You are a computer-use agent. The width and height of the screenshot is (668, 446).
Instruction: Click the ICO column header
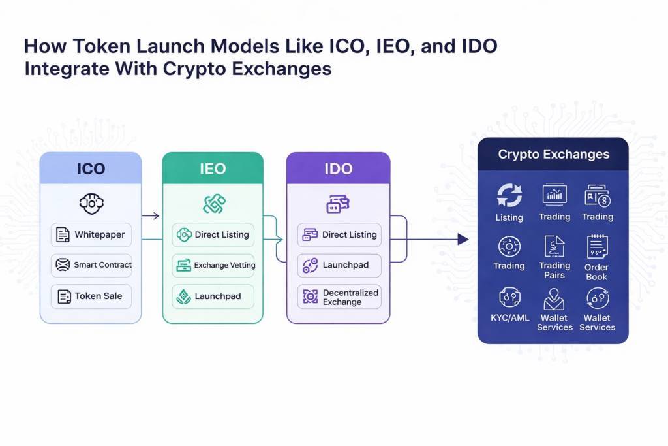[91, 168]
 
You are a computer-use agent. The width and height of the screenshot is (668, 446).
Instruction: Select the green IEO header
[213, 168]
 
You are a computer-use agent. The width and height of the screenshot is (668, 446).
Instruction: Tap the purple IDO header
[338, 168]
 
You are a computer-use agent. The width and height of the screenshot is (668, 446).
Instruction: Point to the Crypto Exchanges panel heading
[553, 155]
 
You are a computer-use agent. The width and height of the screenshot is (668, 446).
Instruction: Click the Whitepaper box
[91, 234]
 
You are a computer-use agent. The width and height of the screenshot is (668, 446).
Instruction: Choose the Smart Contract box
[91, 265]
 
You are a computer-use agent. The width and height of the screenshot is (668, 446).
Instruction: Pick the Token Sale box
[91, 296]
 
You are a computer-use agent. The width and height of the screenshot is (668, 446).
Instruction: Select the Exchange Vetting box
[213, 265]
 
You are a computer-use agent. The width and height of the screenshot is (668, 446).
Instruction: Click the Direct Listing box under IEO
[213, 234]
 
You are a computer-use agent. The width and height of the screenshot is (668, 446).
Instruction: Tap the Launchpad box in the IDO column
[339, 265]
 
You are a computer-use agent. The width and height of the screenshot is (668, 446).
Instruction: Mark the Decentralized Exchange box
[339, 297]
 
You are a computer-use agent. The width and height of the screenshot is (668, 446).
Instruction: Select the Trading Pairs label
[554, 270]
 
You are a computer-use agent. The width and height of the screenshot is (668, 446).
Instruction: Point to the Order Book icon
[597, 246]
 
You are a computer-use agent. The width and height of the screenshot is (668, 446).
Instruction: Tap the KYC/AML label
[509, 318]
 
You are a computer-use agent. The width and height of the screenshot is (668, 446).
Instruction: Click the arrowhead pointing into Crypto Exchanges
[463, 240]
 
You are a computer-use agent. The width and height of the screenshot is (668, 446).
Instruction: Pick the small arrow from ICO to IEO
[151, 215]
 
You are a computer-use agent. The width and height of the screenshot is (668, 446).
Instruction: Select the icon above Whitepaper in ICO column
[91, 203]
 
